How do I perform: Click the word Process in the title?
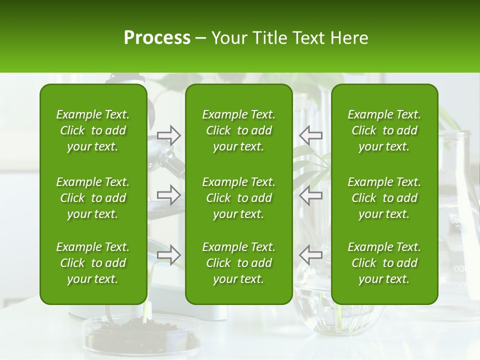tap(157, 38)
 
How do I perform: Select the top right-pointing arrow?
tap(168, 135)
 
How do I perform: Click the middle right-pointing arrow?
tap(168, 194)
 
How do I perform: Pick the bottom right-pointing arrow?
tap(168, 255)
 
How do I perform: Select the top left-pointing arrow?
tap(311, 135)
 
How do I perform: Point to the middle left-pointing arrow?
tap(311, 194)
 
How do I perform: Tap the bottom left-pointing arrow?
tap(311, 255)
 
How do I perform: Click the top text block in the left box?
tap(93, 130)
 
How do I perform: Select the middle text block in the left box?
tap(93, 198)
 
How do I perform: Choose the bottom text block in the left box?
tap(93, 263)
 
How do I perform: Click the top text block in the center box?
tap(238, 130)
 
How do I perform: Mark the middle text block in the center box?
tap(238, 198)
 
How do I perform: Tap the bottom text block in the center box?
tap(238, 263)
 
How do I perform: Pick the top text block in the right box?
tap(384, 130)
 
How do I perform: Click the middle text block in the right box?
tap(384, 198)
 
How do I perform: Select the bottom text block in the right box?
tap(384, 263)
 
